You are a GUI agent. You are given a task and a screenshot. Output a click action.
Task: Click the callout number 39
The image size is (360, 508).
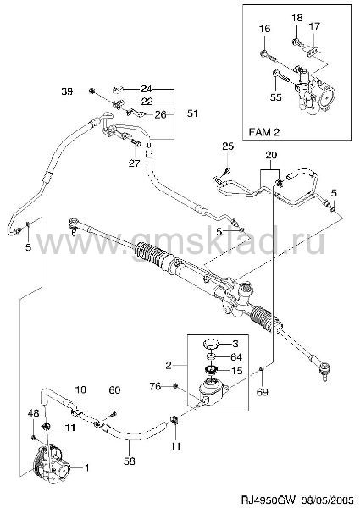pos(67,91)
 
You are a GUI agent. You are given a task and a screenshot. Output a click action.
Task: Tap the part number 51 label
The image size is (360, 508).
pos(191,113)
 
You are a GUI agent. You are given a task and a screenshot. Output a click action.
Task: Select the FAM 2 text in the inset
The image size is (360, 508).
pos(263,132)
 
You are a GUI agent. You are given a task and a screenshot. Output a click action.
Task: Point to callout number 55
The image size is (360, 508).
pos(276,97)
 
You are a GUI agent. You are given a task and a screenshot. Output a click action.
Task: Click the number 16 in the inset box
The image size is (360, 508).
pos(264,29)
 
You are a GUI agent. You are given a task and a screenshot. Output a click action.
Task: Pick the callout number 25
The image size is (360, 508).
pos(228,146)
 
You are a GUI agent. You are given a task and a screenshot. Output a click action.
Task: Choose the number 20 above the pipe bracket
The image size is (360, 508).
pos(271,155)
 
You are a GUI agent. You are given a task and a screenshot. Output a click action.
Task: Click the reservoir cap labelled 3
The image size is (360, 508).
pos(210,343)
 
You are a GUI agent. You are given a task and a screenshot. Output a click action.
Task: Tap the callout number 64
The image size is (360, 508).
pos(235,357)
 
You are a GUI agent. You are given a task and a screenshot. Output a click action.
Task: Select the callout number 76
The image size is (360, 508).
pos(155,386)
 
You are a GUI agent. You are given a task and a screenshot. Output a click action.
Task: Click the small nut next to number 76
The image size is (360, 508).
pos(176,385)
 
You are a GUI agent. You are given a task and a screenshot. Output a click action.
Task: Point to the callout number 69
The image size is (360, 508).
pos(263,392)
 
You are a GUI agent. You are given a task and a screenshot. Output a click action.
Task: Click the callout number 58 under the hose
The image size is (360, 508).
pos(129,461)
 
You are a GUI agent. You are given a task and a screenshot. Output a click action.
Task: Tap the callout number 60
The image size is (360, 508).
pos(114,390)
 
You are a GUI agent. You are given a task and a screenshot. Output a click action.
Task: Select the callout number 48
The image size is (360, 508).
pos(33,413)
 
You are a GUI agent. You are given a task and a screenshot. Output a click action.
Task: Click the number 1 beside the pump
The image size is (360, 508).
pos(86,467)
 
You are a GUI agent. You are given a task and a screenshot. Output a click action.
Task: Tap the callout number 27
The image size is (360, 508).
pos(134,163)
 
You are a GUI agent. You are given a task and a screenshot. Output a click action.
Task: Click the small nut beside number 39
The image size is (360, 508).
pos(91,91)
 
